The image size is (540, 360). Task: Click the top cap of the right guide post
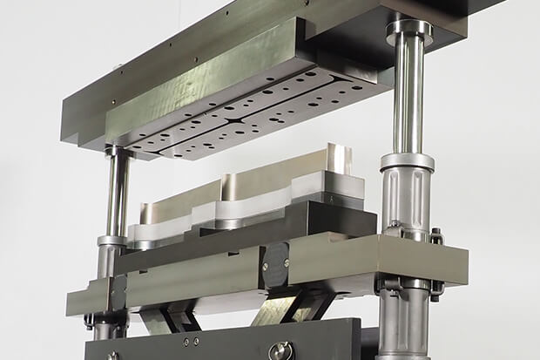click(x=409, y=28)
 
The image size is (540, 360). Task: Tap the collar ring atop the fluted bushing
click(x=407, y=161)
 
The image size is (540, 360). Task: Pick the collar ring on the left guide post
click(x=112, y=240)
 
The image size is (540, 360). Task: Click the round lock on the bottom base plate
click(x=281, y=350)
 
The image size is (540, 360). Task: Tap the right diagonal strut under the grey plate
click(x=300, y=305)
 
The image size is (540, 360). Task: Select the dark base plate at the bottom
click(x=218, y=344)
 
